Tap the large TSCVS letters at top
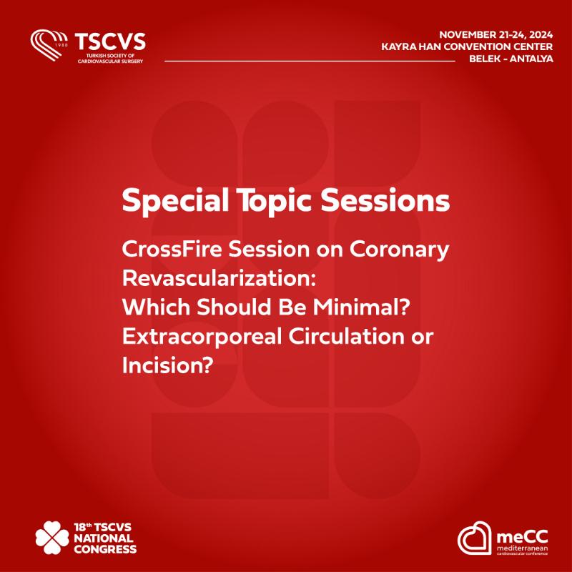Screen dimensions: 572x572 pos(110,41)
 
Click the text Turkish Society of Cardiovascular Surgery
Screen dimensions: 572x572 pos(110,59)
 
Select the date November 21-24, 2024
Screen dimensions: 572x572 pos(495,34)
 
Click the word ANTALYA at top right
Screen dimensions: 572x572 pos(531,59)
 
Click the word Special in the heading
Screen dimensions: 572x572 pos(175,201)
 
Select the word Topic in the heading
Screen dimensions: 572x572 pos(275,202)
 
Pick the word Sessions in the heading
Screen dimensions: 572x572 pos(385,200)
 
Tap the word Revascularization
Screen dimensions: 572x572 pos(219,278)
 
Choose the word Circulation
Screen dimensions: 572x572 pos(347,336)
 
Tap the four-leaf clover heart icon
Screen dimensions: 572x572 pos(52,538)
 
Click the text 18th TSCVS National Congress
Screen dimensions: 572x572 pos(105,538)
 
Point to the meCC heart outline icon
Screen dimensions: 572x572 pos(475,538)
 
